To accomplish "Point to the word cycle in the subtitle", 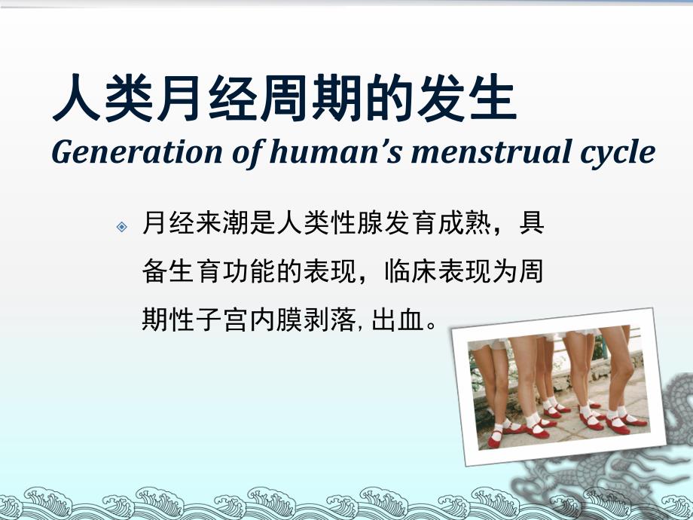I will click(616, 154).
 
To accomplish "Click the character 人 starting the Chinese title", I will click(75, 100).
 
